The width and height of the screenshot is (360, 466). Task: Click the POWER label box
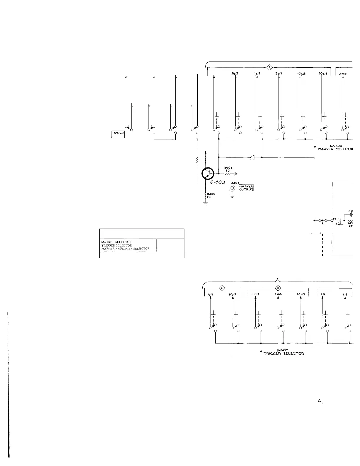point(118,134)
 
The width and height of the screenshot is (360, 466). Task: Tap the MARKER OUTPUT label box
point(246,188)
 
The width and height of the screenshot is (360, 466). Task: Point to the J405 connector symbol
point(232,188)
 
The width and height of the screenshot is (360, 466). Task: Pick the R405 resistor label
point(211,196)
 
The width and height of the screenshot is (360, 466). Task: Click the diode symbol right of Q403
point(252,157)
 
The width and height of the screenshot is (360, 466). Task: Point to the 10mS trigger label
point(301,294)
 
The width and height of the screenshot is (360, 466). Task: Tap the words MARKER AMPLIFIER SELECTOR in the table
point(125,249)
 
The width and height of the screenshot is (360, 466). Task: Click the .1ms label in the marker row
point(343,74)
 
